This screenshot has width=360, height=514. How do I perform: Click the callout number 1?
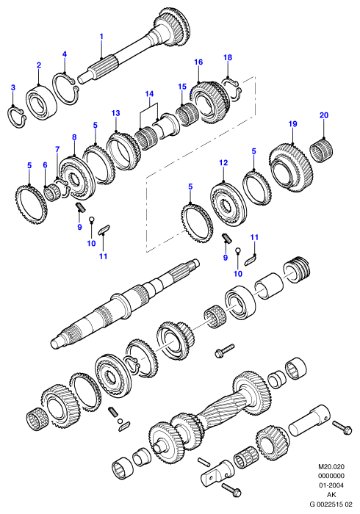pyautogui.click(x=101, y=37)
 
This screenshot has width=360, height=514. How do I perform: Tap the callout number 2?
pyautogui.click(x=39, y=65)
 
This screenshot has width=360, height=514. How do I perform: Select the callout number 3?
pyautogui.click(x=12, y=87)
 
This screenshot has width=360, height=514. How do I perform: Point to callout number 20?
pyautogui.click(x=323, y=115)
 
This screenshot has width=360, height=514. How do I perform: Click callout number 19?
pyautogui.click(x=293, y=124)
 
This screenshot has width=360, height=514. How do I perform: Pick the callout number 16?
pyautogui.click(x=198, y=62)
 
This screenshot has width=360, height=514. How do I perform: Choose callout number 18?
pyautogui.click(x=228, y=57)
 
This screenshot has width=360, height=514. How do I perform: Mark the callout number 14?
pyautogui.click(x=149, y=94)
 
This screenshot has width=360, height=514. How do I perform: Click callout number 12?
pyautogui.click(x=223, y=162)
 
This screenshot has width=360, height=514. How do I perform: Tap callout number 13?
pyautogui.click(x=116, y=113)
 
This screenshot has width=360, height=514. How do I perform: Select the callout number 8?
pyautogui.click(x=74, y=137)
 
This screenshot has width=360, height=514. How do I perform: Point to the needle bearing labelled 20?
pyautogui.click(x=322, y=150)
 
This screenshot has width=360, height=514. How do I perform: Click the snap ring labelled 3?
pyautogui.click(x=16, y=116)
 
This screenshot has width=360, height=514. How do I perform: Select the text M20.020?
pyautogui.click(x=331, y=466)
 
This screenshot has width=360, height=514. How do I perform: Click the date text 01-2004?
pyautogui.click(x=331, y=485)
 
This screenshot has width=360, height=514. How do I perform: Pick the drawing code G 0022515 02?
pyautogui.click(x=331, y=504)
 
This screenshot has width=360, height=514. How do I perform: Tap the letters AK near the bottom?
pyautogui.click(x=331, y=495)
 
